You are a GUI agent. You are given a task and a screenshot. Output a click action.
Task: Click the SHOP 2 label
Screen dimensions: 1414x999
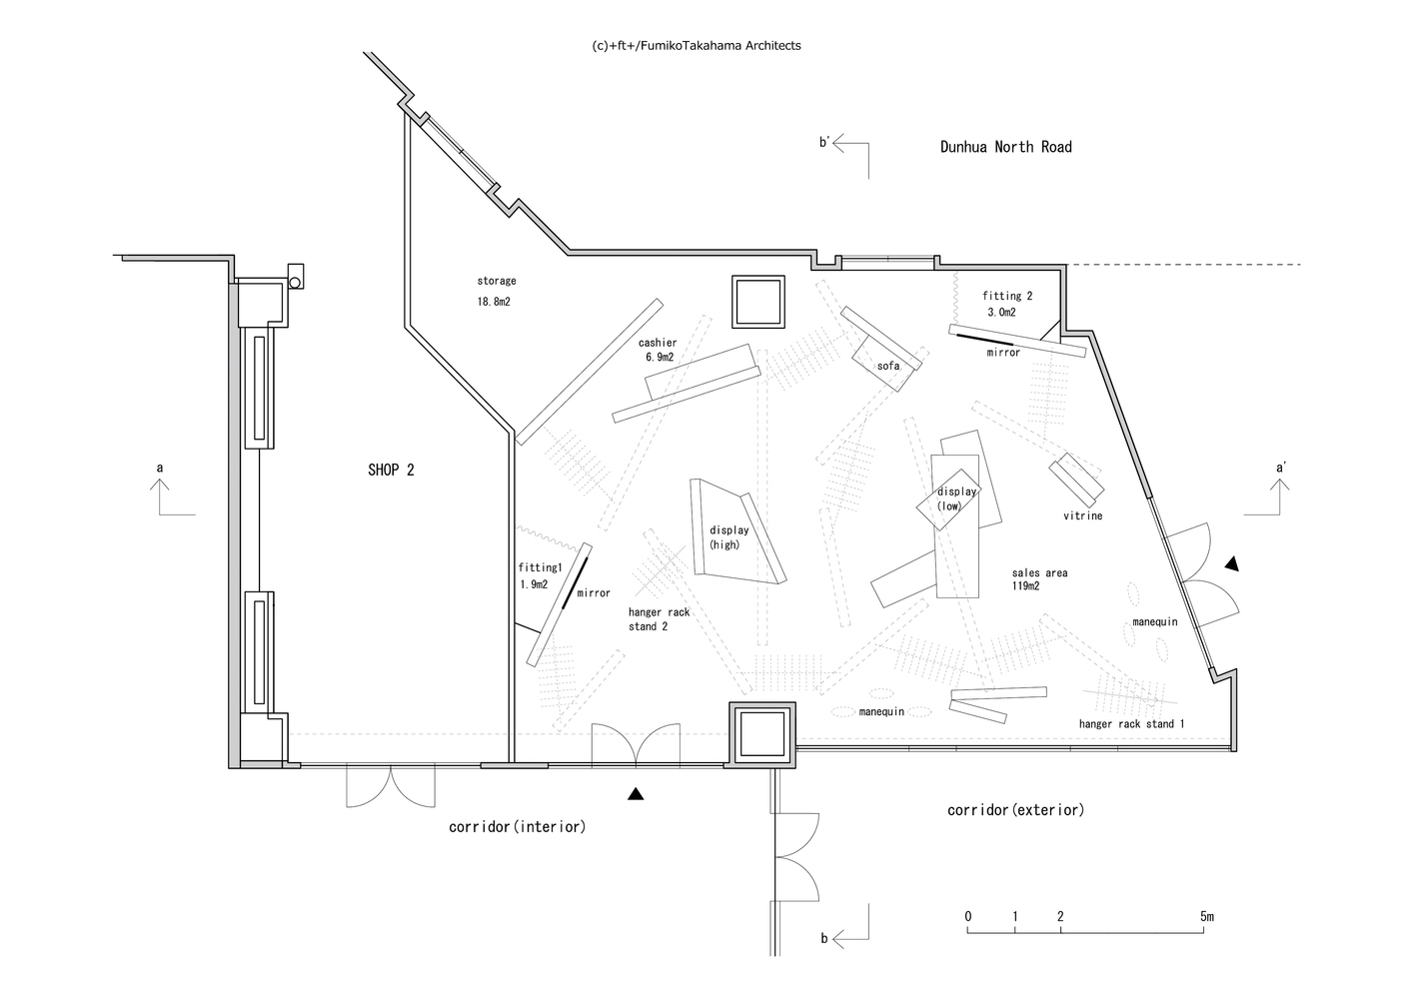click(391, 470)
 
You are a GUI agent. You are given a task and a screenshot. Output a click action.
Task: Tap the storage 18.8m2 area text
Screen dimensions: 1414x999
click(497, 291)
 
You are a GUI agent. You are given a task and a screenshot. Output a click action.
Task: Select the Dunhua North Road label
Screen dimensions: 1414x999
click(1006, 147)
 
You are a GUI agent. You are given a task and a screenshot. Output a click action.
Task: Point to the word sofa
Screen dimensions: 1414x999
click(888, 366)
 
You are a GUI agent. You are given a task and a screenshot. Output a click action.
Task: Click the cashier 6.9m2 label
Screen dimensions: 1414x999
click(658, 350)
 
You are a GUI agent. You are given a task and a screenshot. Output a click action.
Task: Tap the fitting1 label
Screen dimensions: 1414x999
click(540, 567)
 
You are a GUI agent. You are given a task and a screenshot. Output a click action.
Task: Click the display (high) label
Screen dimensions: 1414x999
click(729, 537)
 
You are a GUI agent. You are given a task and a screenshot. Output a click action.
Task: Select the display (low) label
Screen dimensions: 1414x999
click(956, 499)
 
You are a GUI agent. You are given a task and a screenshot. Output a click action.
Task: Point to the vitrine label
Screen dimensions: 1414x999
click(1082, 515)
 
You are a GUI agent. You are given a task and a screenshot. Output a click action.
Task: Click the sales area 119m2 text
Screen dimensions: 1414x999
click(1039, 579)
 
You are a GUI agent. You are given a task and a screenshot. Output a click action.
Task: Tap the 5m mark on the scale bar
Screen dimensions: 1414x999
click(1207, 916)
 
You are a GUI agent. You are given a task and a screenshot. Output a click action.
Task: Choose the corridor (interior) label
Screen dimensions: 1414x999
click(517, 827)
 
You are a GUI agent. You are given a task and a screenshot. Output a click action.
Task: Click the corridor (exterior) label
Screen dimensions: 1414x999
click(1015, 809)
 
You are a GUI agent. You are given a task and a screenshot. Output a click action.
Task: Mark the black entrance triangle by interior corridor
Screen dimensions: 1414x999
click(636, 794)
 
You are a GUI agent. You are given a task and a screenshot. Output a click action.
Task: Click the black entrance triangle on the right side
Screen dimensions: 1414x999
click(1232, 563)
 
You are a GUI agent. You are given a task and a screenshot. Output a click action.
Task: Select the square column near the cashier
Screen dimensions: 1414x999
click(758, 302)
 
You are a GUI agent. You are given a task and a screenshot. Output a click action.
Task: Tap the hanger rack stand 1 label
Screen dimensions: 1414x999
click(1131, 724)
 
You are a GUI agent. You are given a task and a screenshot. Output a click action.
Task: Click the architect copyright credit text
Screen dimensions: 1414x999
click(697, 45)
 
